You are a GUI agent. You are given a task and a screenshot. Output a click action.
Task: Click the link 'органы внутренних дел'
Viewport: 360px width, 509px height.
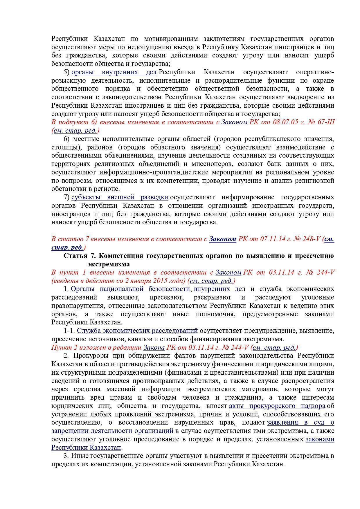pos(114,72)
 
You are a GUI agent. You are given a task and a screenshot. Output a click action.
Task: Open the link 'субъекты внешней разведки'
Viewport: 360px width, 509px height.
pos(120,197)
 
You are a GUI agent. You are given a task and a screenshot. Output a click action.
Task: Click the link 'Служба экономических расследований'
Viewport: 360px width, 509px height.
pos(137,331)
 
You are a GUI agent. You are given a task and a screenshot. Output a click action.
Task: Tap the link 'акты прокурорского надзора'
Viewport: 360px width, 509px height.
pos(277,406)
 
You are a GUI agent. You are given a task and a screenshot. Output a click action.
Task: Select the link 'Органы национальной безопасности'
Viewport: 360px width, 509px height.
pos(130,289)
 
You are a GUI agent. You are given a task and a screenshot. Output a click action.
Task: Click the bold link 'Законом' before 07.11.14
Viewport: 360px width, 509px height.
pos(223,239)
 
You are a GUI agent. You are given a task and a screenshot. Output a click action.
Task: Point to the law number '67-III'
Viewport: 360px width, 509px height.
pos(326,122)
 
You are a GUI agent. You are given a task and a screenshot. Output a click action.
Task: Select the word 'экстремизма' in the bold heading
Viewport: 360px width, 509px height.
pos(109,264)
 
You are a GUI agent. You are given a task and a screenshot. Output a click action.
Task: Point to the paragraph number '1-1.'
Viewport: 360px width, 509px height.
pos(69,331)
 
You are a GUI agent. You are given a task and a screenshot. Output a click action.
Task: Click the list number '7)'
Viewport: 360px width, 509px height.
pos(67,197)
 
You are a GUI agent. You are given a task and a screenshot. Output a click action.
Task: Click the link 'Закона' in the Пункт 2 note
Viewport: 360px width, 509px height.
pos(154,347)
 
